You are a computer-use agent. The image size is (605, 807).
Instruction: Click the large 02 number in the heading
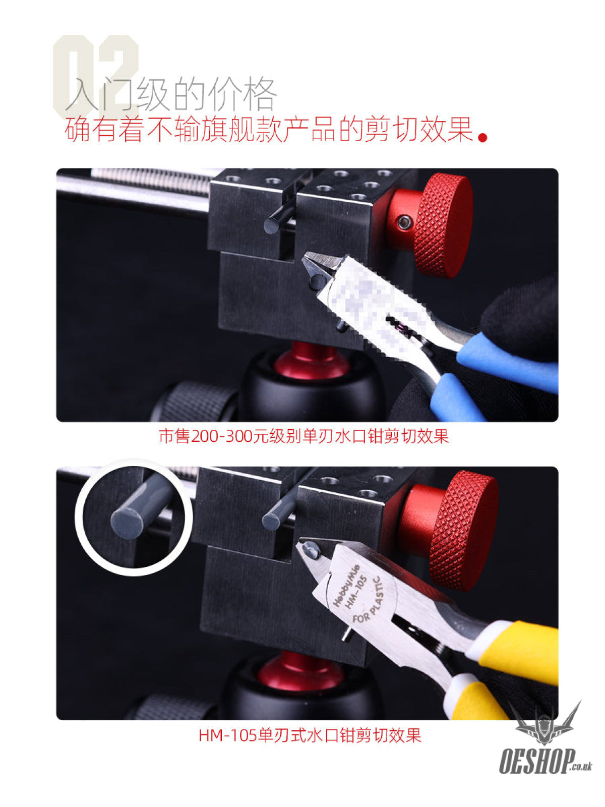pos(96,77)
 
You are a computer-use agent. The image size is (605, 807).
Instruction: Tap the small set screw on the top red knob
pos(404,222)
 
